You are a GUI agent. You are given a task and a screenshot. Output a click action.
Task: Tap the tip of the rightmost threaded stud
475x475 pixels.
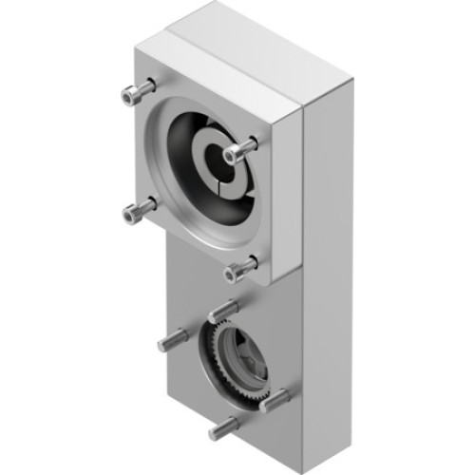tap(284, 396)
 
